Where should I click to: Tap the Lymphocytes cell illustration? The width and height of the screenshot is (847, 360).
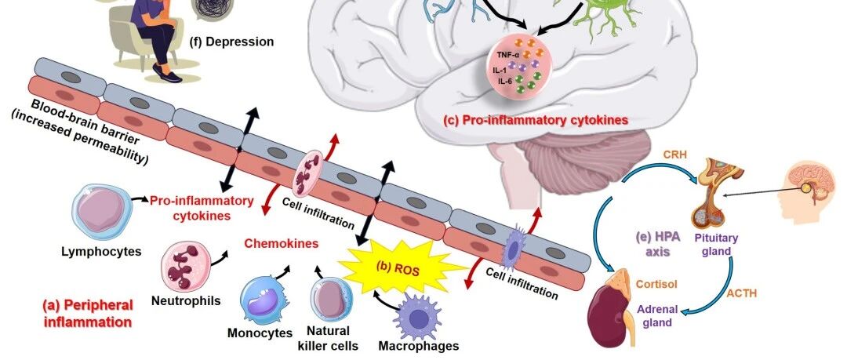[101, 211]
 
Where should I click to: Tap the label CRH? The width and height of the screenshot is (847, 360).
[674, 155]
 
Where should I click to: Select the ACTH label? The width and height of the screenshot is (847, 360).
[742, 293]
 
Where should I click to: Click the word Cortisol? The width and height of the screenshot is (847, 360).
[656, 284]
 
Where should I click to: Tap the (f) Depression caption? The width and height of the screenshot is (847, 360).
[231, 42]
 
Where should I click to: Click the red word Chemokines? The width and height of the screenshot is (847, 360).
[282, 243]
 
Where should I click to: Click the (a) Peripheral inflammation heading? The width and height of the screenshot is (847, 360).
[88, 313]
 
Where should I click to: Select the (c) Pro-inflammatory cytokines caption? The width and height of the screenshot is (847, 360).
[536, 119]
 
